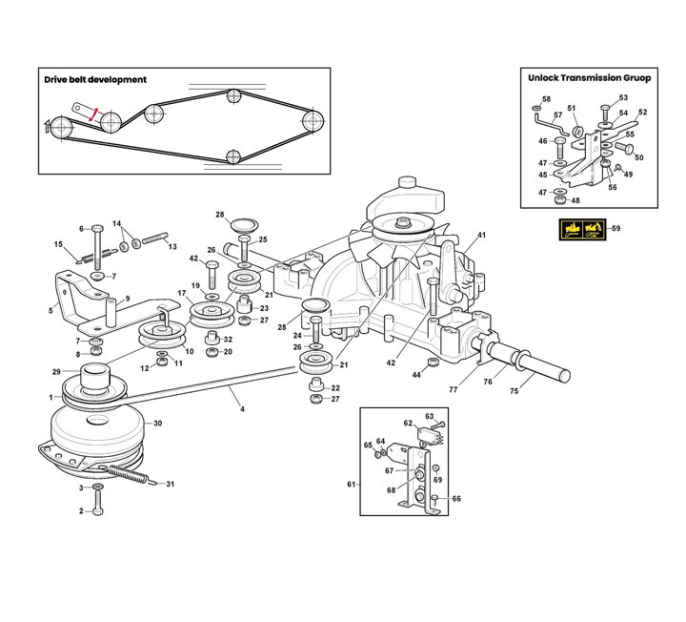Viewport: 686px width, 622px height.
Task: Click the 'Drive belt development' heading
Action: pos(95,80)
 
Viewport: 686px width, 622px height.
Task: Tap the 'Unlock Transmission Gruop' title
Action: pos(590,78)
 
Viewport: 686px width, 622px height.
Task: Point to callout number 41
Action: pos(481,235)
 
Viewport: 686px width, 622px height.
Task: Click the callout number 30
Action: pos(158,424)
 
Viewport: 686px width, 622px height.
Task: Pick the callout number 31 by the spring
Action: pos(171,485)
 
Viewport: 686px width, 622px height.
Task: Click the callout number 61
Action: pos(350,486)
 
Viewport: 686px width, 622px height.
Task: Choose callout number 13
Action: pos(172,247)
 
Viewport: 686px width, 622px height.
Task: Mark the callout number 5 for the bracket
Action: pos(51,310)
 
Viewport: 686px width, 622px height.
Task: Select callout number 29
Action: pos(56,371)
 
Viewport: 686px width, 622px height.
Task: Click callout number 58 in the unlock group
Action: pos(546,99)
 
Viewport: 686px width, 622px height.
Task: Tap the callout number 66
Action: pos(456,499)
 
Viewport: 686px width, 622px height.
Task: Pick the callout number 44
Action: pos(416,376)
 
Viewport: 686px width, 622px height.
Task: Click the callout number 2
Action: pos(81,510)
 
